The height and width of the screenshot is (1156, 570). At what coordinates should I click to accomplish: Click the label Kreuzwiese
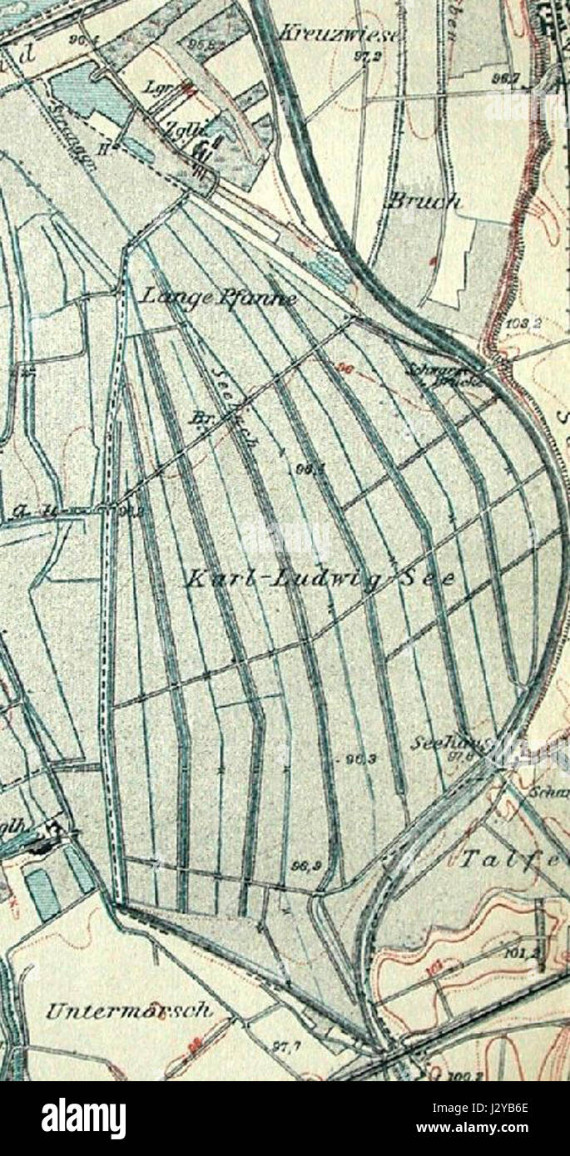(x=339, y=34)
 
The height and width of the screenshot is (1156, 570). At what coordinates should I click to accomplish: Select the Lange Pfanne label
(x=218, y=296)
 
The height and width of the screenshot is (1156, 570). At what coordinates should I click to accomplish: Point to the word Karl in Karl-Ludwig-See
(x=211, y=579)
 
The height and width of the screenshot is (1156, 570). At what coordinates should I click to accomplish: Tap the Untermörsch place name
(x=128, y=1010)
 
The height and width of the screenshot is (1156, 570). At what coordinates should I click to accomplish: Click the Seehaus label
(x=440, y=741)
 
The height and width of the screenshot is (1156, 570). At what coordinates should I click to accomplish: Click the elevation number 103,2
(x=521, y=320)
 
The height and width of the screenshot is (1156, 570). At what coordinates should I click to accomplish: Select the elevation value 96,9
(x=300, y=866)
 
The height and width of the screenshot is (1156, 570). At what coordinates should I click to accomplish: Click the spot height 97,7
(x=285, y=1045)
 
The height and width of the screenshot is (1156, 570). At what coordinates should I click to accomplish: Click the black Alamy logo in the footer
(x=83, y=1119)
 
